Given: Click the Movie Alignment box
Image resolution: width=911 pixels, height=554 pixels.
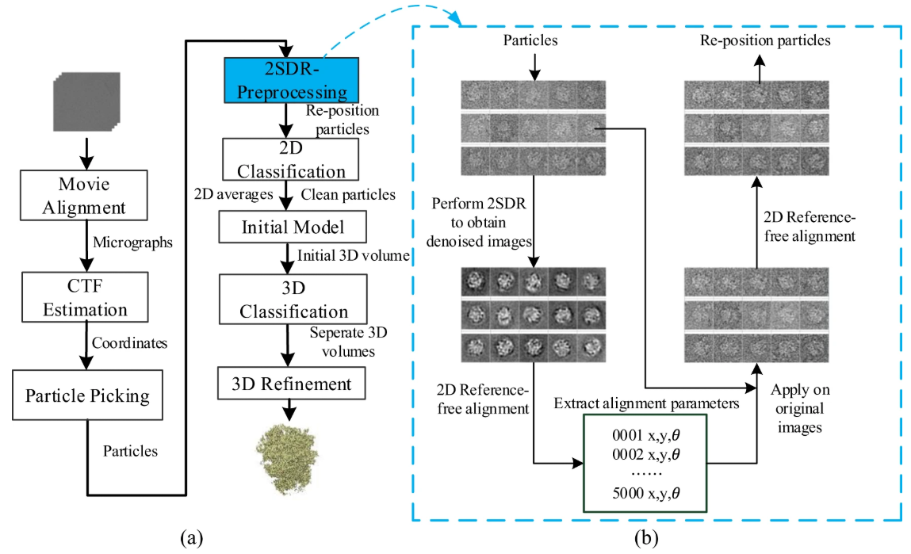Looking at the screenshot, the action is click(84, 195).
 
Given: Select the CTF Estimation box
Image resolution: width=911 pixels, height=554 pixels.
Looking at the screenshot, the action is click(85, 296).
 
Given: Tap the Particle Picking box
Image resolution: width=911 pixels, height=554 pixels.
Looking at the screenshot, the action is click(87, 395).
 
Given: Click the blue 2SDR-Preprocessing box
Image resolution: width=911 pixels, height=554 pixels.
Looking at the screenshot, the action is click(292, 80).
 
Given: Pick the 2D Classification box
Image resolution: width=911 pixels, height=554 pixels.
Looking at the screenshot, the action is click(290, 159).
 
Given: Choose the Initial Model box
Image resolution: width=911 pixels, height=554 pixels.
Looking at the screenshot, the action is click(293, 227).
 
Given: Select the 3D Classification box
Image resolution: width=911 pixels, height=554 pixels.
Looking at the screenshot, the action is click(293, 299).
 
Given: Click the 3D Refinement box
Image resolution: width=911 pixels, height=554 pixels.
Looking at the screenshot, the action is click(292, 384).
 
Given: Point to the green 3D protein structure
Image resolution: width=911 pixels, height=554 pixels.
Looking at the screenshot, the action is click(287, 459).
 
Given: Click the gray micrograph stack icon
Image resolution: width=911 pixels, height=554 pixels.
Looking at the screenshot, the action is click(86, 101).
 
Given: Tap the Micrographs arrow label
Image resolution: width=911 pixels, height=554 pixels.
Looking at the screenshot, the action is click(133, 243).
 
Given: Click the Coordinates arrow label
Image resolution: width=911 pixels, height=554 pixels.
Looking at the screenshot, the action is click(129, 343).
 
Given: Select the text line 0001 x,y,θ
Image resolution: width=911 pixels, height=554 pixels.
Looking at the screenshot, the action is click(646, 435).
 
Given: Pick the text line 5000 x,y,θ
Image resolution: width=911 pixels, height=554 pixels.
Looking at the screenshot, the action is click(646, 493).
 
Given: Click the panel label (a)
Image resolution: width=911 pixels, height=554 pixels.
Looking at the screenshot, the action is click(192, 537).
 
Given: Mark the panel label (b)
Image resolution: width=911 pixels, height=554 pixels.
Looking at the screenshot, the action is click(646, 537).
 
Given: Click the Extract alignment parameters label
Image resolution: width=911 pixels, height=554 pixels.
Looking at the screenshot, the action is click(647, 403).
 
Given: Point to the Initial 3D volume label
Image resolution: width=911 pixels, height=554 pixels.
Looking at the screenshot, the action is click(354, 255).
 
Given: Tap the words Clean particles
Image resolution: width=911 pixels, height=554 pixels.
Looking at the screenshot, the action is click(348, 194).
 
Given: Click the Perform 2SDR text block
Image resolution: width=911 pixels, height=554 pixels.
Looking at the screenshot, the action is click(479, 223).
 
